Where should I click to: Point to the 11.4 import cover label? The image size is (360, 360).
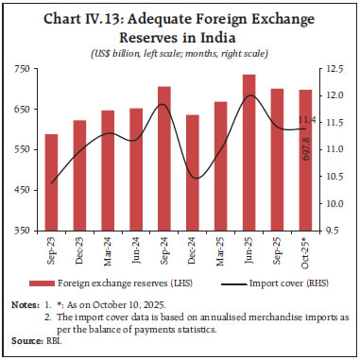(x=305, y=120)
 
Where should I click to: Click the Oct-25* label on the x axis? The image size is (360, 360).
(x=304, y=249)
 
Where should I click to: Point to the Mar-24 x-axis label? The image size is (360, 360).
(x=108, y=249)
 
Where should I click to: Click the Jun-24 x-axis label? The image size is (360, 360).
(x=136, y=249)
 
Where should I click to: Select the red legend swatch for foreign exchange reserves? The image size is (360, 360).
(x=42, y=283)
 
